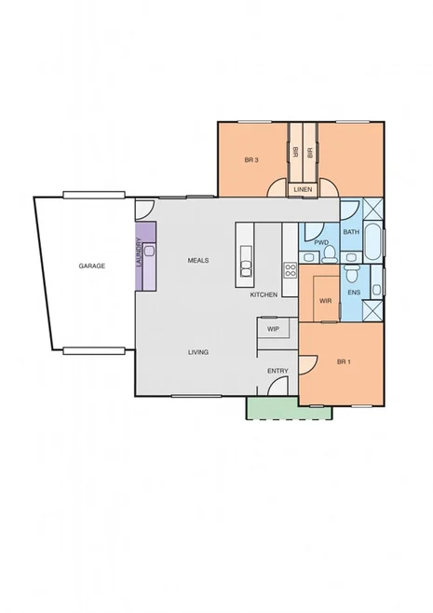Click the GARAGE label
click(91, 266)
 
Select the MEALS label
click(197, 260)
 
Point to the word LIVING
click(197, 352)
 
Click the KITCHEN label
click(264, 294)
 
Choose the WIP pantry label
click(273, 329)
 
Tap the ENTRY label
click(277, 371)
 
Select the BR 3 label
click(251, 160)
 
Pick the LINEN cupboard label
click(303, 190)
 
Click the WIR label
click(325, 301)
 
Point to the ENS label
click(354, 293)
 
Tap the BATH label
click(351, 231)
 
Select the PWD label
click(321, 242)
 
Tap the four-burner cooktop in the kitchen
click(290, 271)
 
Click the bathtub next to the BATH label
click(372, 241)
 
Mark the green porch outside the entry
click(289, 411)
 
